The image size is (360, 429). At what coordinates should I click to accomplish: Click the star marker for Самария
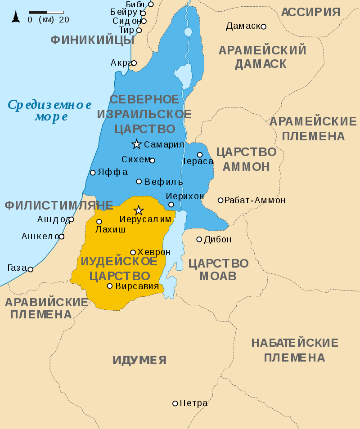[136, 144]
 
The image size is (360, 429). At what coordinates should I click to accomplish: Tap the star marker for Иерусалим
[139, 210]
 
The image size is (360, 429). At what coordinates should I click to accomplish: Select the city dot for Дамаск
[264, 27]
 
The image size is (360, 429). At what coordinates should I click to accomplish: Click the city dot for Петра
[175, 403]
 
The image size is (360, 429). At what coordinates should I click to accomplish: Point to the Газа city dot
[31, 269]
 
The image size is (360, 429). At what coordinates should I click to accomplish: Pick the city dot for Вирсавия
[109, 286]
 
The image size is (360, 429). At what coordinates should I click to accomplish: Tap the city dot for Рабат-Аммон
[220, 200]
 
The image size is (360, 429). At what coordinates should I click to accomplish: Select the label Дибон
[217, 239]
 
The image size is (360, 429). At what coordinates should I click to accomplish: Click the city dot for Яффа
[93, 172]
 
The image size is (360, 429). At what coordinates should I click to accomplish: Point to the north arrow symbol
[16, 17]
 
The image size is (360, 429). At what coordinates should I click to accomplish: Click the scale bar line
[46, 12]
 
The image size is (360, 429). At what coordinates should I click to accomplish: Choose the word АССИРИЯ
[310, 12]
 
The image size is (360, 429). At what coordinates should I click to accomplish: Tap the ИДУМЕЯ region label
[139, 360]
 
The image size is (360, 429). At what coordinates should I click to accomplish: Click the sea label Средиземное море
[50, 111]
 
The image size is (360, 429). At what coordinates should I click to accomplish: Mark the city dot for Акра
[134, 63]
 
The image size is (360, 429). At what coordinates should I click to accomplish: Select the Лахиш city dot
[99, 221]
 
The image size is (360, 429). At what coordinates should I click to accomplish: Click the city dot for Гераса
[200, 155]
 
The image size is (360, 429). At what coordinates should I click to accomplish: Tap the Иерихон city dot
[171, 205]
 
